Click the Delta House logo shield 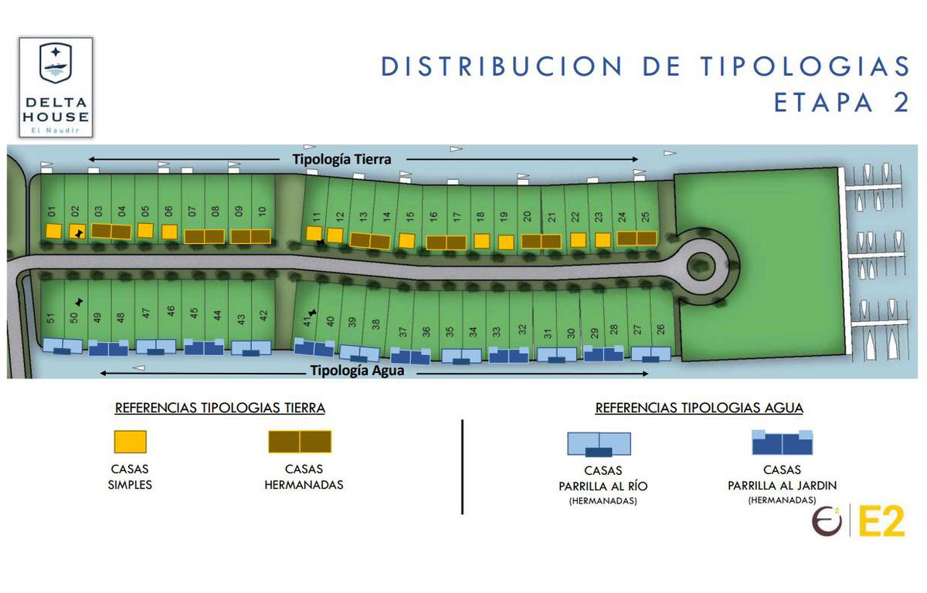pyautogui.click(x=56, y=63)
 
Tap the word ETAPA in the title pyautogui.click(x=823, y=103)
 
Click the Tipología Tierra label pyautogui.click(x=341, y=159)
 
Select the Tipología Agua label pyautogui.click(x=357, y=371)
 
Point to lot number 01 pyautogui.click(x=51, y=212)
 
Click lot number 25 pyautogui.click(x=645, y=217)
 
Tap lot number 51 pyautogui.click(x=50, y=318)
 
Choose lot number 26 pyautogui.click(x=660, y=329)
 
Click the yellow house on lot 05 pyautogui.click(x=145, y=230)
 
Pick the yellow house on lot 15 pyautogui.click(x=407, y=241)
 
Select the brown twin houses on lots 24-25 pyautogui.click(x=637, y=238)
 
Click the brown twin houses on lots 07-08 pyautogui.click(x=205, y=236)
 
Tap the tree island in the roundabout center pyautogui.click(x=701, y=266)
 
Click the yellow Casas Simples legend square pyautogui.click(x=131, y=442)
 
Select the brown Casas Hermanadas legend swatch pyautogui.click(x=300, y=442)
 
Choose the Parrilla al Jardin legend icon pyautogui.click(x=782, y=442)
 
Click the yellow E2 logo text pyautogui.click(x=881, y=522)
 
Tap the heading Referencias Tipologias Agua pyautogui.click(x=699, y=408)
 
